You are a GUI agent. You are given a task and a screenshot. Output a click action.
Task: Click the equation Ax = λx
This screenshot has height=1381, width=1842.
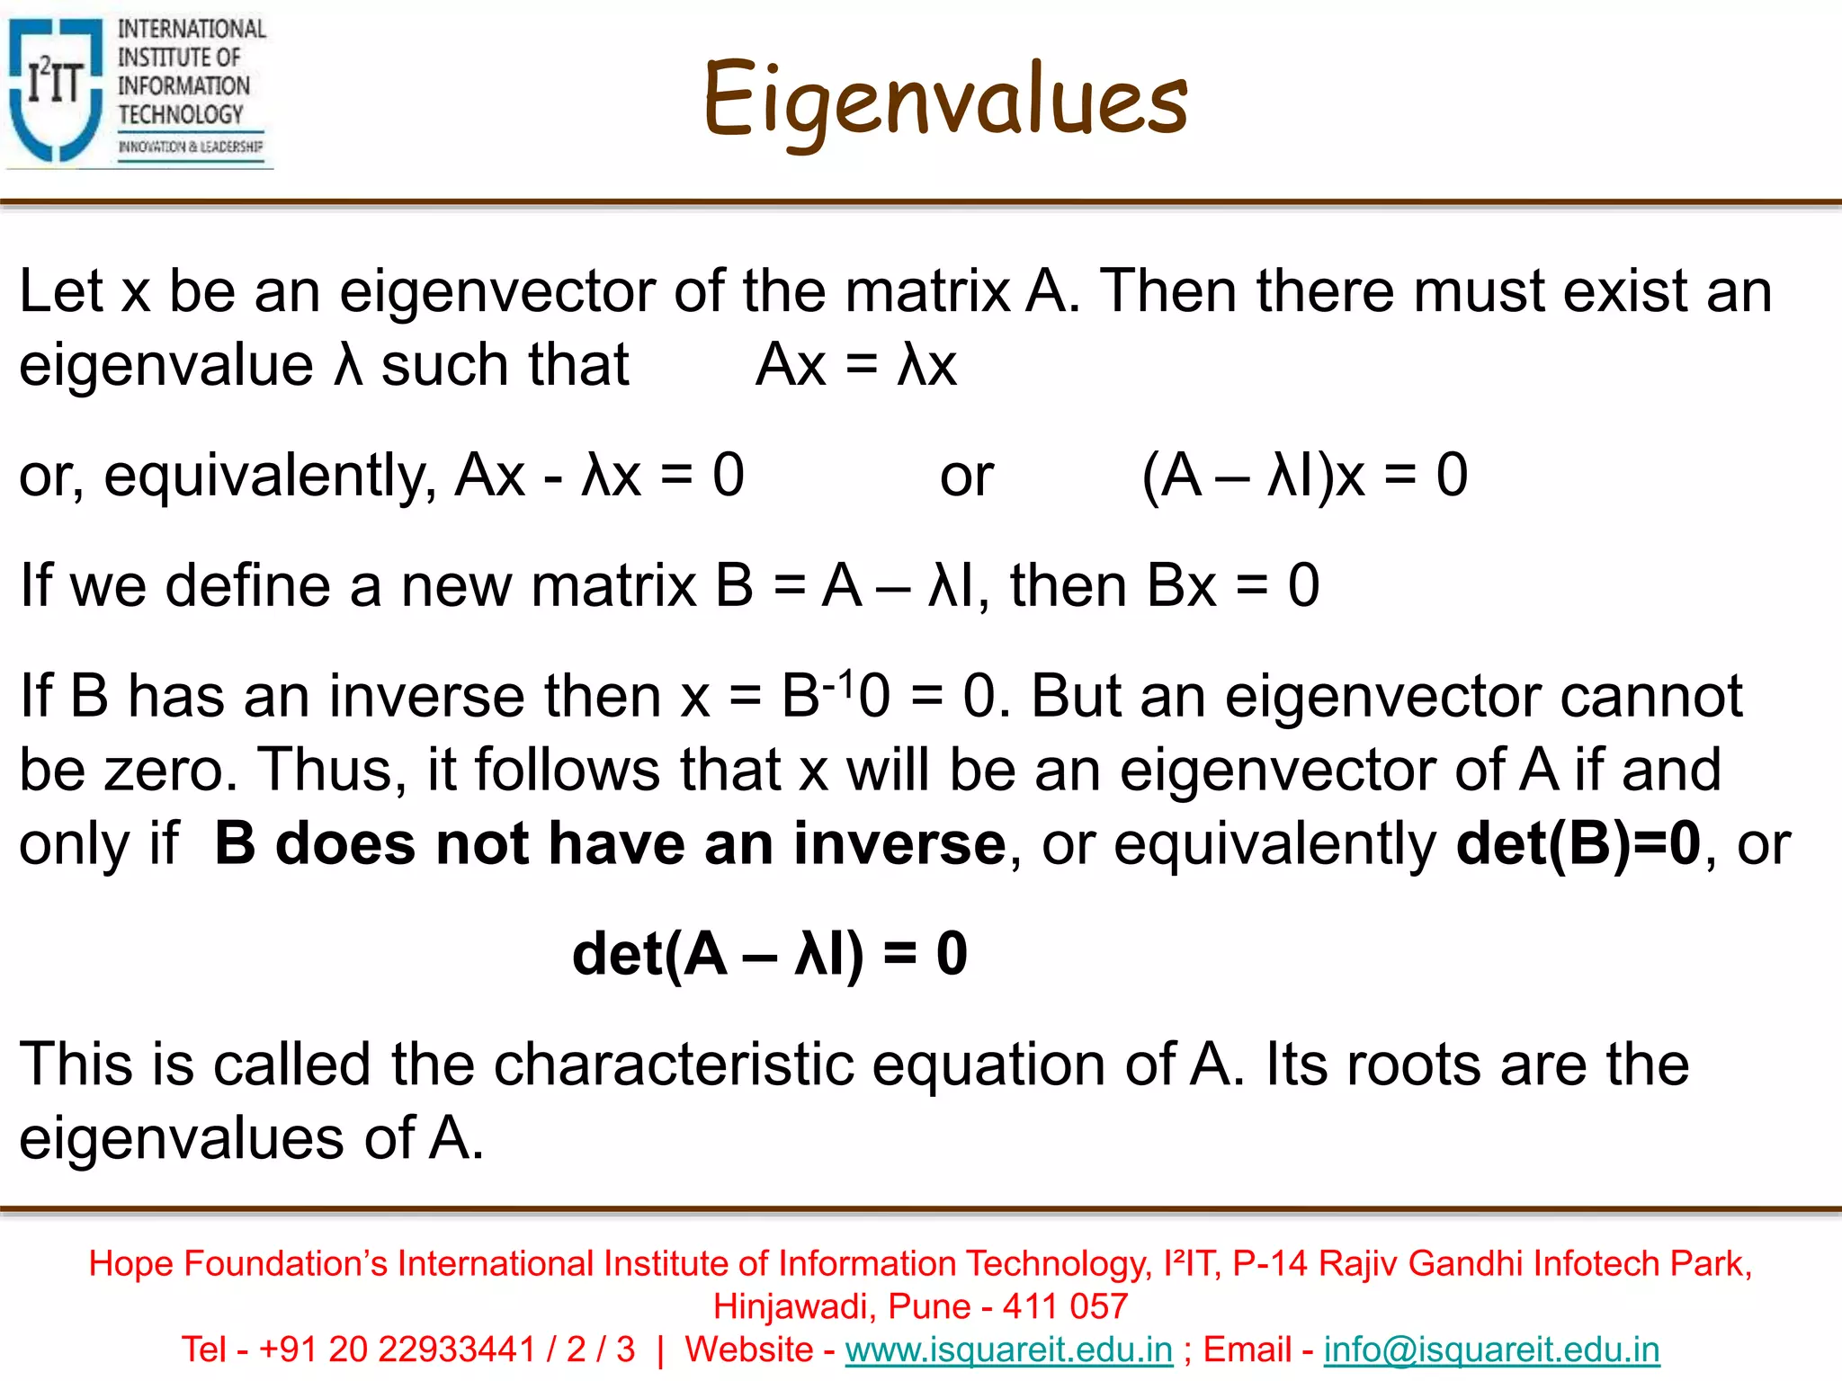coord(856,366)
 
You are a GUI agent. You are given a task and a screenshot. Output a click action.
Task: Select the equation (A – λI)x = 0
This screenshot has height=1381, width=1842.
coord(1304,476)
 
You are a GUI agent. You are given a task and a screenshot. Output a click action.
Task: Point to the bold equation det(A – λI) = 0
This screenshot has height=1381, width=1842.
coord(770,954)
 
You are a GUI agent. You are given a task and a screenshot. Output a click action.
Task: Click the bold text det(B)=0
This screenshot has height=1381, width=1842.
coord(1578,844)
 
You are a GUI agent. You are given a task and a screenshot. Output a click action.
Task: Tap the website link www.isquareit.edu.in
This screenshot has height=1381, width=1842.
coord(1009,1350)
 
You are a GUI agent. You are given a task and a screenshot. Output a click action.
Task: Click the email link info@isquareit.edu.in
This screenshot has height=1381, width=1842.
coord(1491,1350)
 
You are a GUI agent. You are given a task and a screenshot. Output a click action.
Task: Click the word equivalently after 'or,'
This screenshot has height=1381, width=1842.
coord(270,476)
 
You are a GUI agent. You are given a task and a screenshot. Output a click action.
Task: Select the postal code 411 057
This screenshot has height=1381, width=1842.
coord(1065,1306)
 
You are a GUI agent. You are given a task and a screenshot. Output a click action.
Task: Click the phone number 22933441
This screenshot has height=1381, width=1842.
coord(456,1350)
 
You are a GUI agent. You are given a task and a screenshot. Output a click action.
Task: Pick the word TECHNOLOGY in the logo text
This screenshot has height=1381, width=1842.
coord(181,115)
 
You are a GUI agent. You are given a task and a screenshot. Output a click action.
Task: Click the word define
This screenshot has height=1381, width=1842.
coord(247,586)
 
